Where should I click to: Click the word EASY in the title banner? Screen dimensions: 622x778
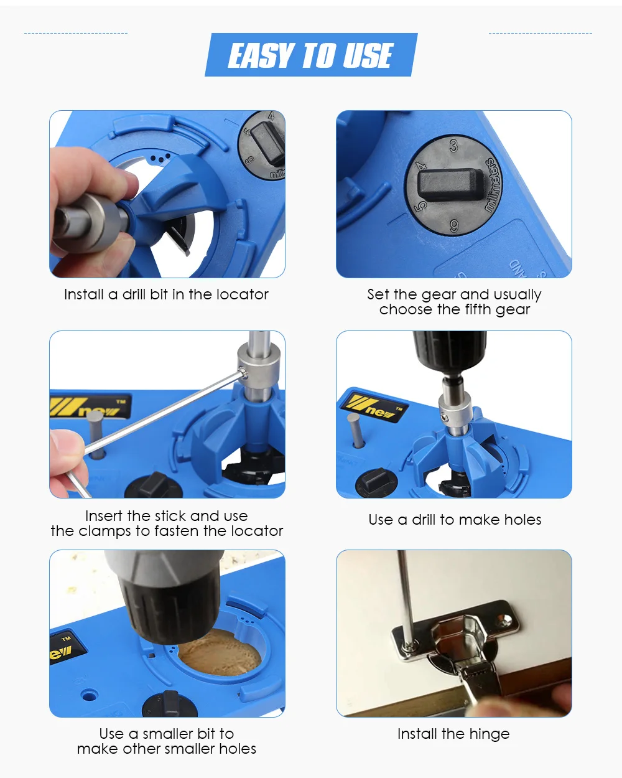(259, 55)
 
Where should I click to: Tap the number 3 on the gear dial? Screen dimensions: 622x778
(453, 146)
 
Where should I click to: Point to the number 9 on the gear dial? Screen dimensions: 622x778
(454, 226)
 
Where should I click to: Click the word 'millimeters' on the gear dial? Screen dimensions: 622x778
(494, 185)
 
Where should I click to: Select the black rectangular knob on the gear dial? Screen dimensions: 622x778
(450, 184)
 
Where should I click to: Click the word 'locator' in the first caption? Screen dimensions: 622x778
(243, 294)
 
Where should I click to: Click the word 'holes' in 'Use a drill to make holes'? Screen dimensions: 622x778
(522, 520)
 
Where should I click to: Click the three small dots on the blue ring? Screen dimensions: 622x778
(160, 157)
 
